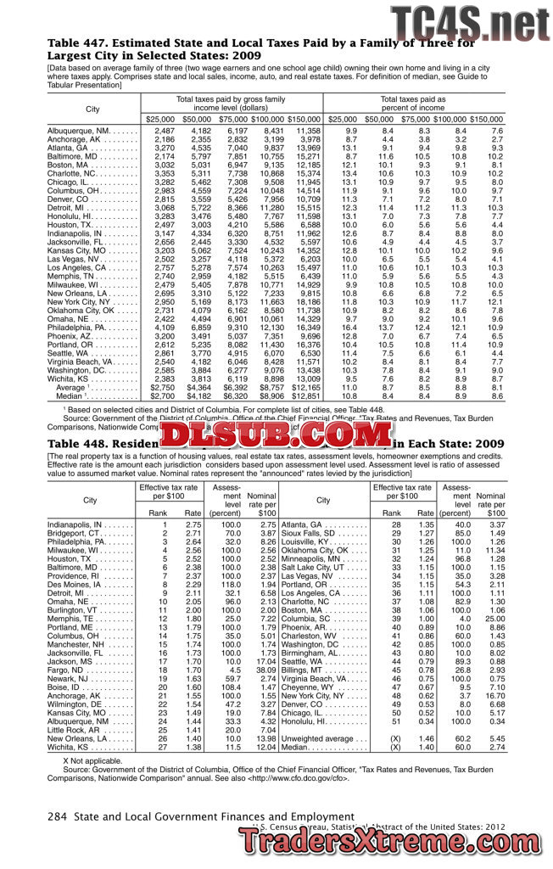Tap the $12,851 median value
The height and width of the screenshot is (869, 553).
[x=305, y=395]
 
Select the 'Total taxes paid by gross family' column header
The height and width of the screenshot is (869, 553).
[x=231, y=99]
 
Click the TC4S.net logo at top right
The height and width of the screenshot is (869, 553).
[x=469, y=20]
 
